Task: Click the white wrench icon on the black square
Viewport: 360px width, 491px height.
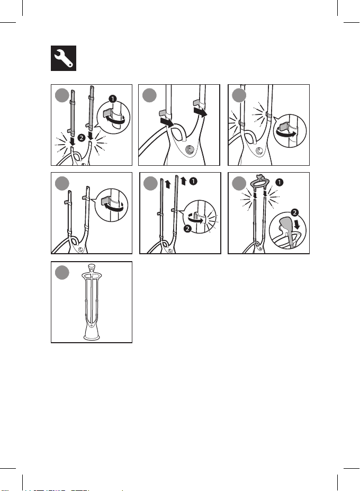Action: coord(64,58)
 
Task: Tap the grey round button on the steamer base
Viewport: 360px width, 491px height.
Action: coord(190,150)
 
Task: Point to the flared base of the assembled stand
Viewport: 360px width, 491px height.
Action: coord(92,332)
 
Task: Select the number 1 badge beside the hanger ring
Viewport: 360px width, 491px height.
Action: coord(279,182)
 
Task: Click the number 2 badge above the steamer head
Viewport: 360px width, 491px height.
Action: coord(294,213)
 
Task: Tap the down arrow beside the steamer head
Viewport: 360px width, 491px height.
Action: coord(297,224)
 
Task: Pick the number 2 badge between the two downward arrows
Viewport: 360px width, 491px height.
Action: coord(81,138)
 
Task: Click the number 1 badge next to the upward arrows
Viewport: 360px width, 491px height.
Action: coord(193,181)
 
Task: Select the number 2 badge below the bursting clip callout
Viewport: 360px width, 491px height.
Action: coord(187,229)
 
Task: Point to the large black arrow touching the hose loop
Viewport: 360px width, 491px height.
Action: coord(167,122)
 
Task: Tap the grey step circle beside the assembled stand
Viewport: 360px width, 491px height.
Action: coord(62,272)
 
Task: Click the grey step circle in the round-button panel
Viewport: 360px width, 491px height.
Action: coord(149,95)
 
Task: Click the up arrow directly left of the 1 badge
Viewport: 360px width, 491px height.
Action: coord(184,181)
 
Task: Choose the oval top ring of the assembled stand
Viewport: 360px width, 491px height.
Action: coord(92,276)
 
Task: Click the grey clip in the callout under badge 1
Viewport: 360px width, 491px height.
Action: coord(109,111)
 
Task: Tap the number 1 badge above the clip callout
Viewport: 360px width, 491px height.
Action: coord(112,99)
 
